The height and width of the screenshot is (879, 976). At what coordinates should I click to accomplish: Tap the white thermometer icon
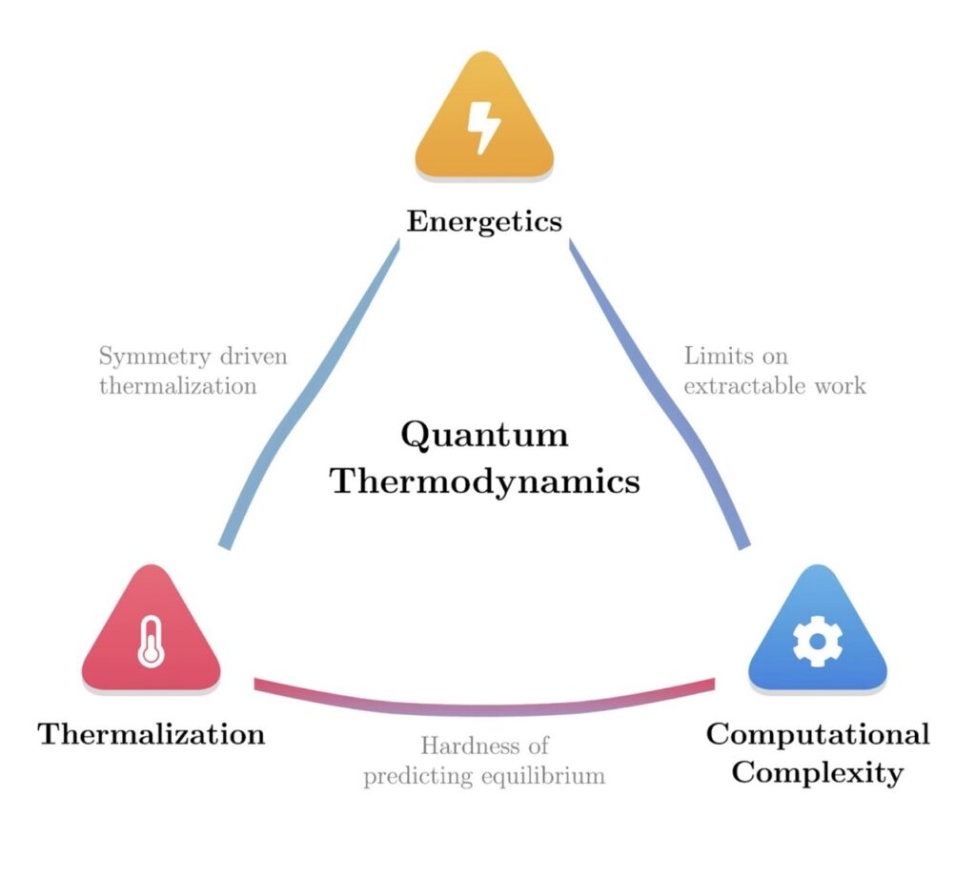[x=151, y=641]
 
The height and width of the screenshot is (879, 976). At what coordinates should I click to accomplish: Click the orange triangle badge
[x=484, y=143]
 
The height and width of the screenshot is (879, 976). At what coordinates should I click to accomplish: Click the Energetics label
[x=484, y=221]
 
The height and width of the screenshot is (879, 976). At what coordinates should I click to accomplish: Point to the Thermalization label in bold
[x=151, y=734]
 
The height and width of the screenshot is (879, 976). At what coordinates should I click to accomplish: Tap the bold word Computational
[x=817, y=734]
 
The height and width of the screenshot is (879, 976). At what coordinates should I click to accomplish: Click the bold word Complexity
[x=817, y=771]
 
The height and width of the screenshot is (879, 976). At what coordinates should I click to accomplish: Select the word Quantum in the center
[x=484, y=435]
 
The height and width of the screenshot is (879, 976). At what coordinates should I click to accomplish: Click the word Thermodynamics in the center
[x=484, y=480]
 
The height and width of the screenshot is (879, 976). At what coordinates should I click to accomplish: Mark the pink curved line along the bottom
[x=484, y=707]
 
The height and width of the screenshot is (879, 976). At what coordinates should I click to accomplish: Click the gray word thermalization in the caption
[x=177, y=386]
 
